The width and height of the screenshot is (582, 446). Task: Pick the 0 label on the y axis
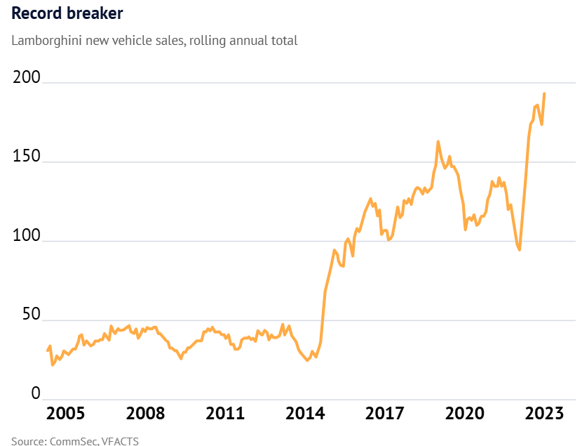(x=17, y=394)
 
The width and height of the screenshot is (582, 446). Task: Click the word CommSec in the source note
(x=74, y=441)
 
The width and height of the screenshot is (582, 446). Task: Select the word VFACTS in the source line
(x=120, y=441)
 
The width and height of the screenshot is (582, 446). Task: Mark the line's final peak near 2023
(x=545, y=93)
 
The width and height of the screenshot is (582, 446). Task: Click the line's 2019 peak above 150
(x=438, y=142)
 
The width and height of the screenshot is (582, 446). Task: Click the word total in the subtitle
(x=283, y=41)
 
